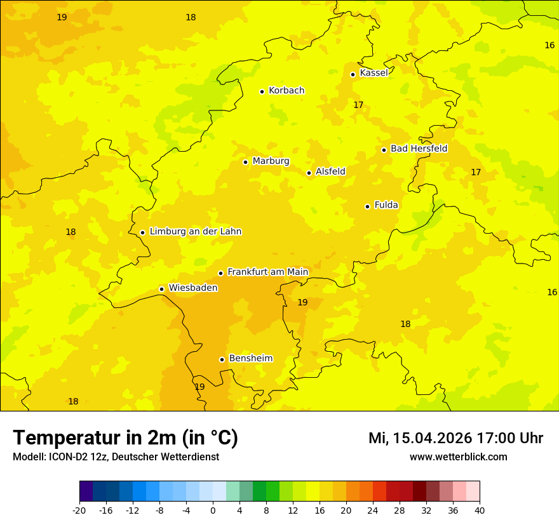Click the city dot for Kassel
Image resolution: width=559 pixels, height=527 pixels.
tap(353, 74)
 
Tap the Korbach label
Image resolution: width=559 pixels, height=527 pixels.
tap(286, 91)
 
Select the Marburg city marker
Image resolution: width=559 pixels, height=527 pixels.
tap(245, 162)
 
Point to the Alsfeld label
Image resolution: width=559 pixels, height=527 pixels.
tap(330, 171)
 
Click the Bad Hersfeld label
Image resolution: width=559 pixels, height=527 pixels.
tap(419, 149)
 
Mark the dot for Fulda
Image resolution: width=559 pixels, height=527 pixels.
tap(367, 206)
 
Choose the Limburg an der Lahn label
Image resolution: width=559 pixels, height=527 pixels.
tap(195, 232)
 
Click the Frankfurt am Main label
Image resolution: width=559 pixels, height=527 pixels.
tap(267, 272)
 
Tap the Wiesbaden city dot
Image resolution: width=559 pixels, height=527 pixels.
tap(161, 289)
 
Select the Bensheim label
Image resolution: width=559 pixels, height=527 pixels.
tap(250, 358)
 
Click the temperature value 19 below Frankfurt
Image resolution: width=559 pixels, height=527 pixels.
tap(302, 302)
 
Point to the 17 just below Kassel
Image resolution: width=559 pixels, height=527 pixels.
tap(358, 105)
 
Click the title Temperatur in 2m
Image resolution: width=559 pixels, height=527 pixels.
tap(125, 437)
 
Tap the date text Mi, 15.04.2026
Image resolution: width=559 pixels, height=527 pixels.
tap(420, 438)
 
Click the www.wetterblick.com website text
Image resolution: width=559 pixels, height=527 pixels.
tap(458, 457)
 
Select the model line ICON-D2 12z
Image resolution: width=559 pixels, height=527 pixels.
tap(116, 457)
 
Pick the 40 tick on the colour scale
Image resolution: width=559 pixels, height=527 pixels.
tap(480, 510)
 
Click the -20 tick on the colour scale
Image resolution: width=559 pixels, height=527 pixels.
tap(79, 510)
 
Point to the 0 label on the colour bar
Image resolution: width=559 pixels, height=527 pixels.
tap(213, 510)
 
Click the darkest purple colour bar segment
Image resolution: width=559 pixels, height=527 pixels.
tap(86, 491)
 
